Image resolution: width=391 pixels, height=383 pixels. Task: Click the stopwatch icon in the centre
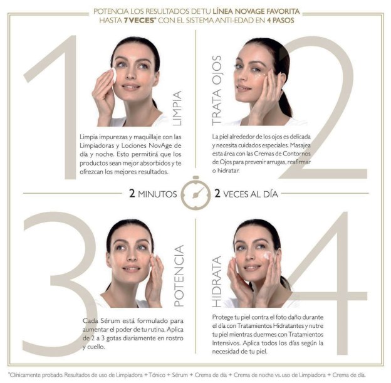tap(195, 192)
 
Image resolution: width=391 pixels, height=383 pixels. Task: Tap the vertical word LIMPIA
tap(177, 108)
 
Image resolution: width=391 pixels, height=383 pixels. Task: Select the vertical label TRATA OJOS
tap(216, 90)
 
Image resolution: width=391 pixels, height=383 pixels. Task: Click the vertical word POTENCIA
tap(179, 275)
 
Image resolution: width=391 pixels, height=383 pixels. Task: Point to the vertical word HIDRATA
tap(216, 281)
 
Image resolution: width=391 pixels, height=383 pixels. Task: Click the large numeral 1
tap(58, 107)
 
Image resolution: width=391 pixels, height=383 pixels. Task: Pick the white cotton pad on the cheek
tap(113, 75)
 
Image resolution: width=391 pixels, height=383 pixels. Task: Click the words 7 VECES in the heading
tap(139, 20)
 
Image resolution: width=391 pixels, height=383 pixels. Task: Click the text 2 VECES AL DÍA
tap(246, 194)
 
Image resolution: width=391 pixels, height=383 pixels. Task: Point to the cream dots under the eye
tap(259, 76)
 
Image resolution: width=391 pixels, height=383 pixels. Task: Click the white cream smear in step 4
tap(267, 255)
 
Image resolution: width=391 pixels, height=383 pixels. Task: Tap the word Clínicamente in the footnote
tap(25, 375)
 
